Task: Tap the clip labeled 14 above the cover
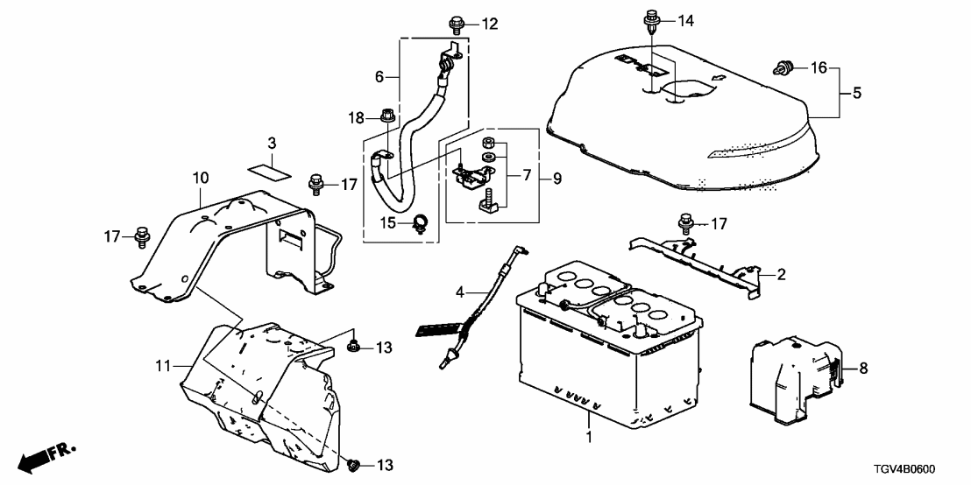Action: click(650, 19)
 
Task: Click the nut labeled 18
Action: click(387, 117)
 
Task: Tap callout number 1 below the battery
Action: click(589, 435)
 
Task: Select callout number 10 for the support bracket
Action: click(201, 178)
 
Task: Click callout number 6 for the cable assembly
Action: click(379, 77)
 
